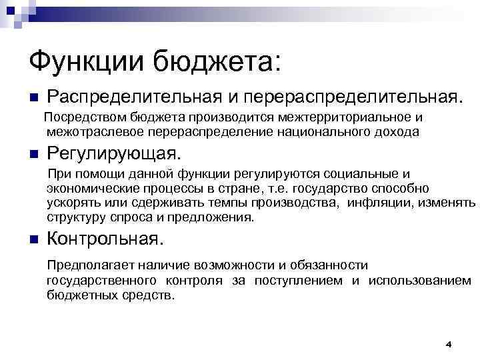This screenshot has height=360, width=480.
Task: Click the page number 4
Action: pos(448,345)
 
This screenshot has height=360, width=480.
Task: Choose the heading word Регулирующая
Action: pos(113,155)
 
